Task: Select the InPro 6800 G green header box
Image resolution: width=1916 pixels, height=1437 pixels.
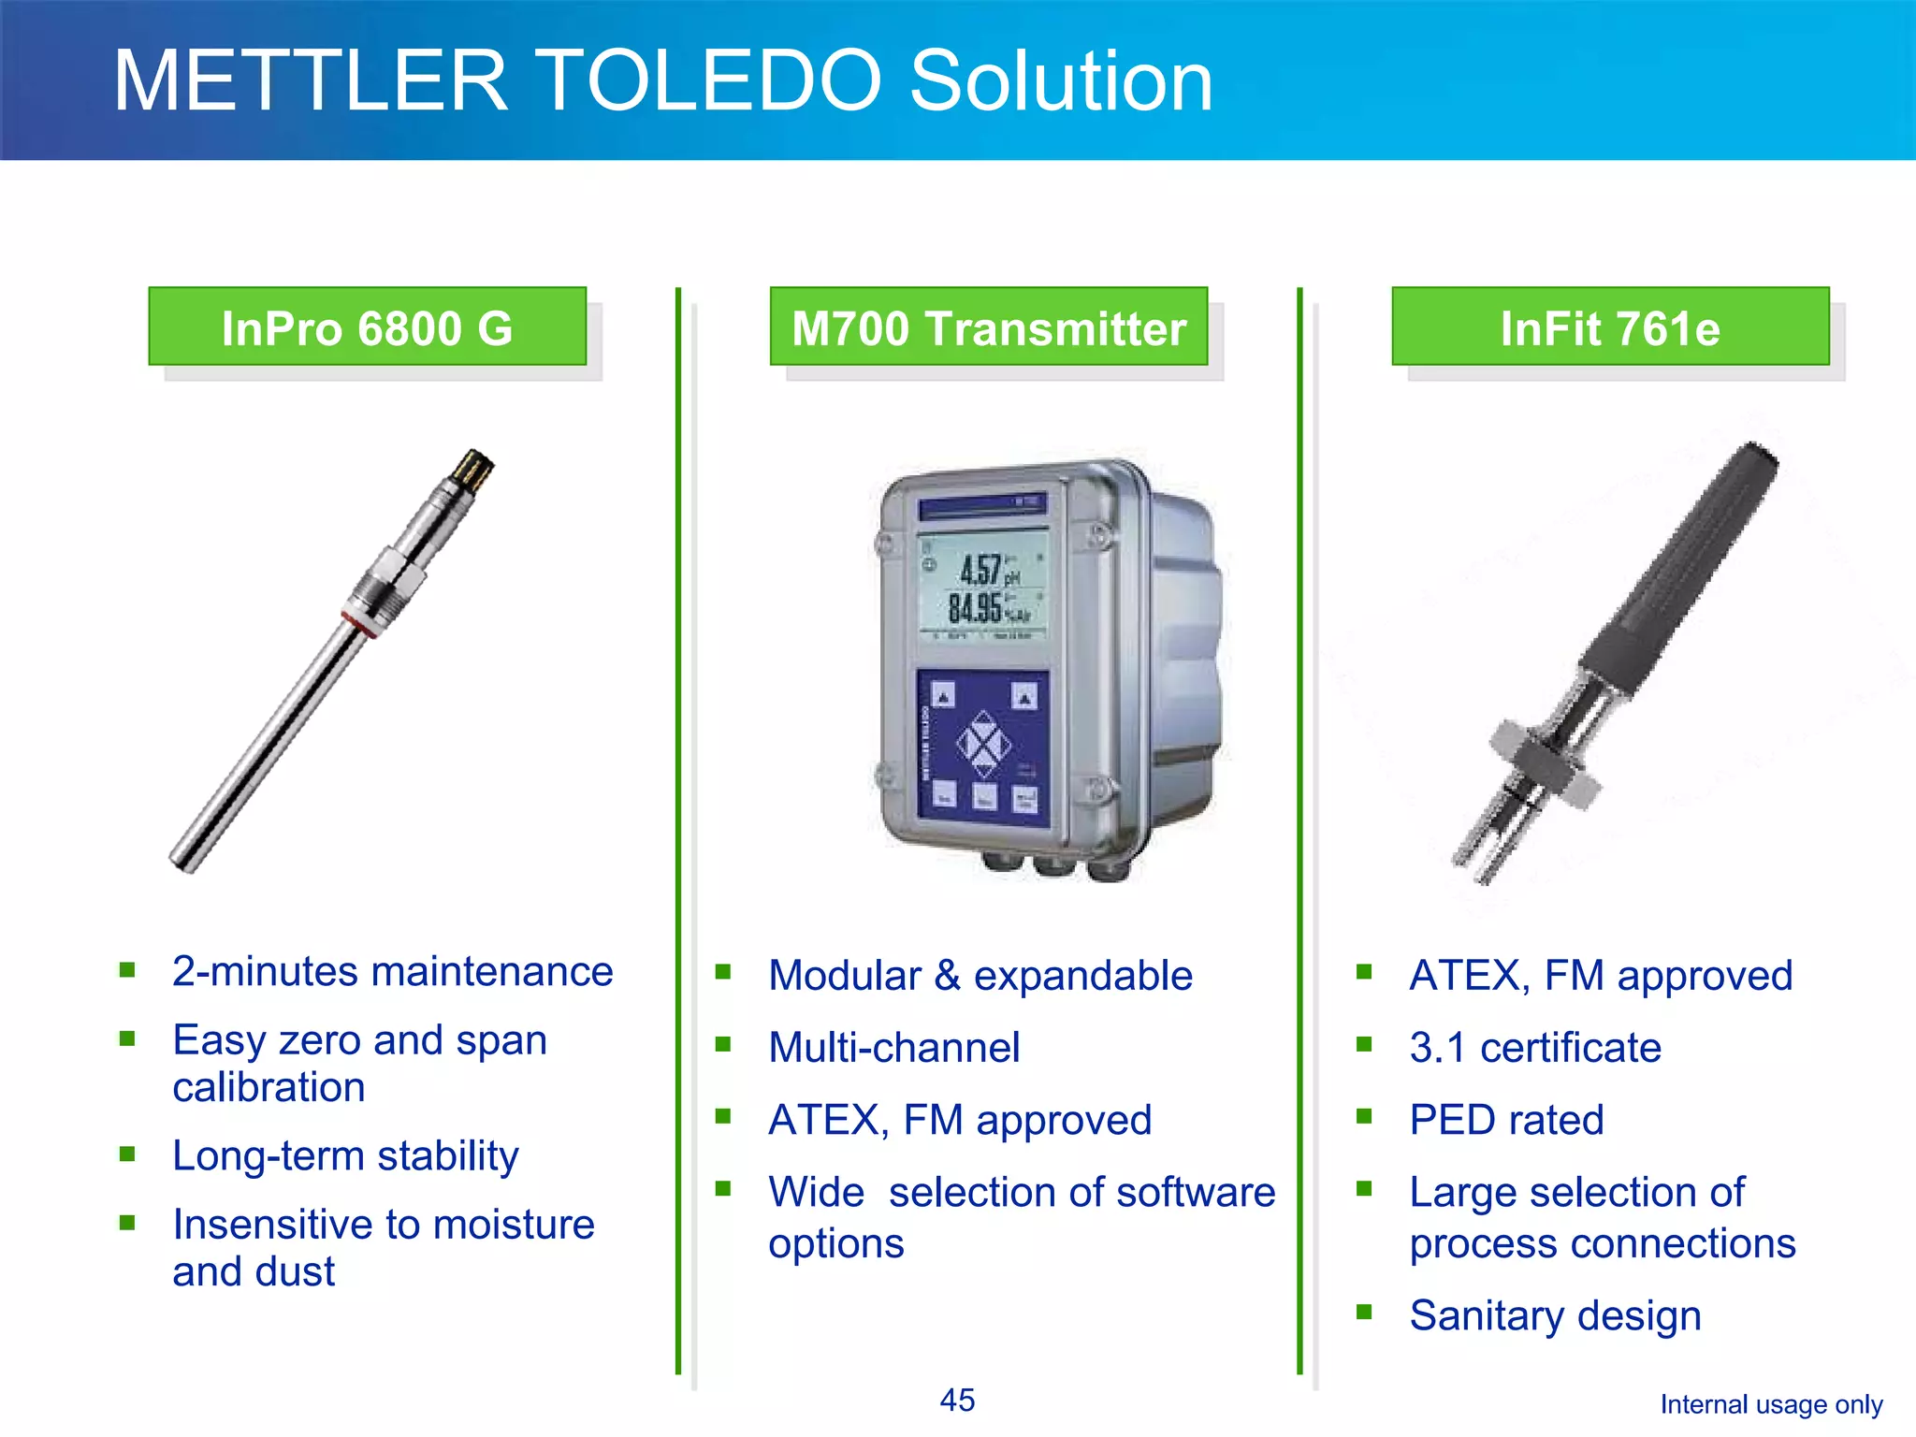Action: click(x=367, y=327)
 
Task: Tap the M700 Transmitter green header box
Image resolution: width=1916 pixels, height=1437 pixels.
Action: click(x=989, y=327)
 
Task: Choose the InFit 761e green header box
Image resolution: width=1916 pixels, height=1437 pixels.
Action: click(x=1610, y=327)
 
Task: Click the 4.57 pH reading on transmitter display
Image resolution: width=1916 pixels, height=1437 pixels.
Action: click(x=982, y=570)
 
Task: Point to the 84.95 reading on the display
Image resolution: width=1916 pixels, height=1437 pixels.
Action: click(x=978, y=609)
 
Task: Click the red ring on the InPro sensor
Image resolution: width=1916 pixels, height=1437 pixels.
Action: click(x=359, y=624)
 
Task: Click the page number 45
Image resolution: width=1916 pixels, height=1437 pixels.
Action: click(x=957, y=1401)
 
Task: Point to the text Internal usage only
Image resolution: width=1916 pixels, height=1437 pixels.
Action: click(x=1771, y=1404)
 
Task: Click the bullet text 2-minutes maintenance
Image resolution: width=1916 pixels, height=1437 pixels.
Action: click(x=392, y=971)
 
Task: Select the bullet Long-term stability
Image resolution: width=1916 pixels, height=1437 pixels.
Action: click(x=345, y=1155)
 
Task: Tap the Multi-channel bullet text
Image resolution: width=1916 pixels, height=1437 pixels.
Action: click(x=893, y=1048)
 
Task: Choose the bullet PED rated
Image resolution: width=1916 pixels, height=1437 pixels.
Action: click(x=1506, y=1120)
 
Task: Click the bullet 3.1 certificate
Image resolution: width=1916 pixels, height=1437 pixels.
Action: click(x=1535, y=1048)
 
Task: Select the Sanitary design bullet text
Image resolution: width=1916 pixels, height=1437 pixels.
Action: click(x=1555, y=1315)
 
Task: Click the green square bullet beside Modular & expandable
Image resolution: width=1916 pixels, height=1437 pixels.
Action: click(x=722, y=972)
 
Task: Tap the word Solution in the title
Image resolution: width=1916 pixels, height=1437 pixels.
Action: click(x=1061, y=81)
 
